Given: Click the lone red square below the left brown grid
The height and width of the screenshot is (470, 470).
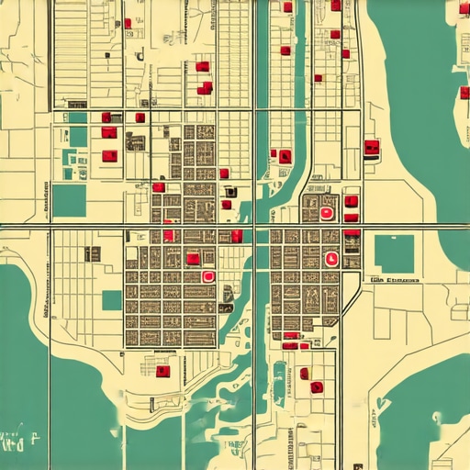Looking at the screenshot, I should pyautogui.click(x=163, y=371).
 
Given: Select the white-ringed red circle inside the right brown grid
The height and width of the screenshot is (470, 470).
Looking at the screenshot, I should pyautogui.click(x=331, y=259).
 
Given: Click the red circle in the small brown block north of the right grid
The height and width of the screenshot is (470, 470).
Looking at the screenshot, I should pyautogui.click(x=326, y=213).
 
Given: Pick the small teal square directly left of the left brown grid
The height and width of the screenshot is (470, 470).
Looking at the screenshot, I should pyautogui.click(x=111, y=300).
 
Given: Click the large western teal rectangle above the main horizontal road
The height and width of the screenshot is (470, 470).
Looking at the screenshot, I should pyautogui.click(x=69, y=200).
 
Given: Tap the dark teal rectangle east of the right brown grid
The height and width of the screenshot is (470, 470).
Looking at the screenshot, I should pyautogui.click(x=394, y=252).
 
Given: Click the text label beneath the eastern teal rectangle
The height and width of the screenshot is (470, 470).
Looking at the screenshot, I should pyautogui.click(x=395, y=279).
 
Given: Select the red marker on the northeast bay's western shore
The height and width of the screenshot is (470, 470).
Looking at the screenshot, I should pyautogui.click(x=372, y=146).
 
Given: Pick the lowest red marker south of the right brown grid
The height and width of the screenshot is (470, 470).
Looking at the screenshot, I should pyautogui.click(x=317, y=386).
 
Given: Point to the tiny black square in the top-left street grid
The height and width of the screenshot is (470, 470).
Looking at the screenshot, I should pyautogui.click(x=140, y=56).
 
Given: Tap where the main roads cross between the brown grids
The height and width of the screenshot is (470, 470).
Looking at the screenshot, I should pyautogui.click(x=254, y=226).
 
